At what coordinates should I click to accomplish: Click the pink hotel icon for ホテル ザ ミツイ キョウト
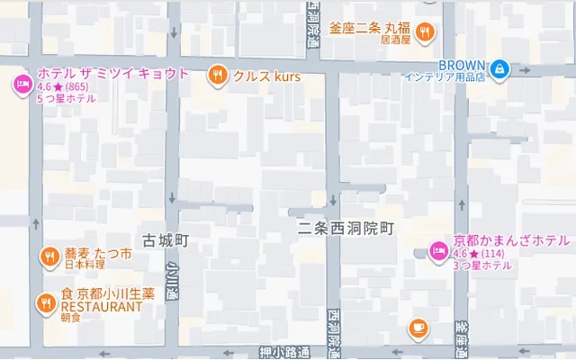click(22, 85)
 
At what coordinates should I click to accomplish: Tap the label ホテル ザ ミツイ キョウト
click(112, 74)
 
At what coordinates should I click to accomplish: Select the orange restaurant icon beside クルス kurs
click(217, 76)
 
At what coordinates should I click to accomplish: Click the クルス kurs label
click(266, 77)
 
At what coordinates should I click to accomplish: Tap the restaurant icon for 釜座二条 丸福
click(427, 31)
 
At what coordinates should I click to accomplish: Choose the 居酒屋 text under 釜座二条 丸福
click(396, 40)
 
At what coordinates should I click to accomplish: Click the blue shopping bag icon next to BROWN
click(498, 67)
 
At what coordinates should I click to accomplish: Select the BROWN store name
click(461, 64)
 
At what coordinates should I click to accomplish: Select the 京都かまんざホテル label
click(511, 240)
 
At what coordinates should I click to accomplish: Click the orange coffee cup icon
click(418, 328)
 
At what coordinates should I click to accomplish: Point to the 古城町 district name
click(165, 240)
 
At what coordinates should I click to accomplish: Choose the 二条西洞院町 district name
click(346, 229)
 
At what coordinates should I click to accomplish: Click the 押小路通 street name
click(283, 352)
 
